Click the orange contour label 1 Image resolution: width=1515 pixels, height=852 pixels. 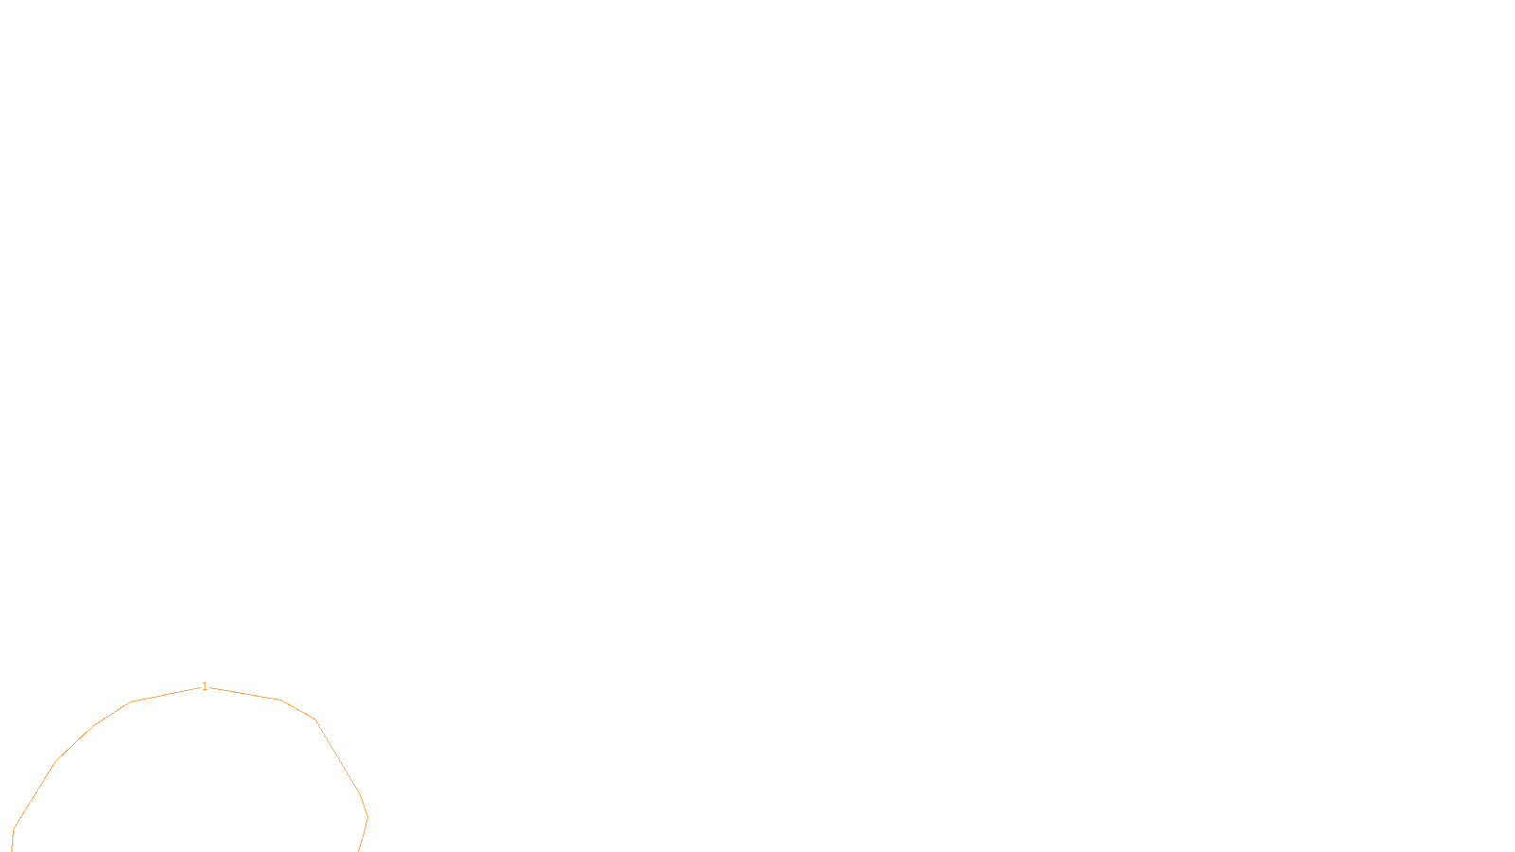point(205,686)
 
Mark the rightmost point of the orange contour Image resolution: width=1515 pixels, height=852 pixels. point(367,817)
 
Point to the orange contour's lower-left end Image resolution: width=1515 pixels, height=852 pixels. point(12,850)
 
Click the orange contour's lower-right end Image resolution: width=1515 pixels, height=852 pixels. point(359,850)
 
